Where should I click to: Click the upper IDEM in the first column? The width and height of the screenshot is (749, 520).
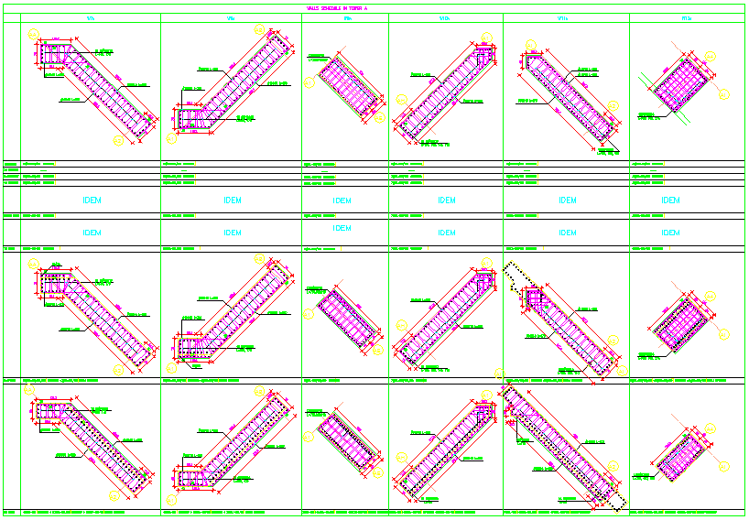tap(92, 200)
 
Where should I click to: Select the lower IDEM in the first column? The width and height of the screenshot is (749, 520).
tap(92, 233)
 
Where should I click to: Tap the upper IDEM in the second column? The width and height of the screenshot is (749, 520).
tap(233, 200)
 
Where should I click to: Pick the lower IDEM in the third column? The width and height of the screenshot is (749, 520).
tap(342, 228)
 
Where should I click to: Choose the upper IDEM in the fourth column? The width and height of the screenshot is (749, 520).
tap(446, 200)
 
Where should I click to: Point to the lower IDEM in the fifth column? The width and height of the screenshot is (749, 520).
tap(568, 233)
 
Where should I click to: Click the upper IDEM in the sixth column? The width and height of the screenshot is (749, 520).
tap(671, 200)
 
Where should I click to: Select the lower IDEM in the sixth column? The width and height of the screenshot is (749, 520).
tap(671, 233)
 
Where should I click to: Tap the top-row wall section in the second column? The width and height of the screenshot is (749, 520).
tap(231, 87)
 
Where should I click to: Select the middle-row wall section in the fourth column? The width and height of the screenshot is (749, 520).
tap(446, 316)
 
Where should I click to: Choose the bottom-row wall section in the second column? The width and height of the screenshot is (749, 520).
tap(231, 449)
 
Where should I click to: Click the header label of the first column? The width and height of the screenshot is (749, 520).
tap(91, 18)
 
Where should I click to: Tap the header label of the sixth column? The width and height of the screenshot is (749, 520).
tap(687, 18)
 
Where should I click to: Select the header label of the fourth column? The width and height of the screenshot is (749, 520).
tap(446, 18)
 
